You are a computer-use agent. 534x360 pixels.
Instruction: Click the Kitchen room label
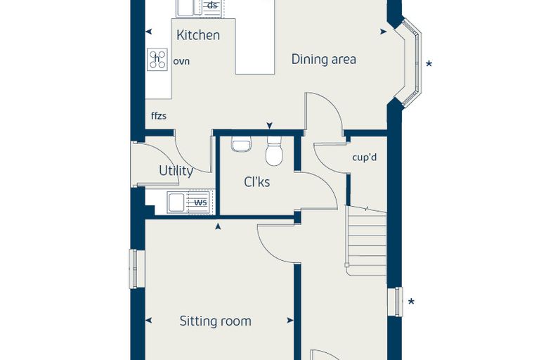coord(198,35)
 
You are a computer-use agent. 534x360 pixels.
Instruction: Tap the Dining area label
coord(324,59)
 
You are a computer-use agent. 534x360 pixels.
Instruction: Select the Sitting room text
coord(216,321)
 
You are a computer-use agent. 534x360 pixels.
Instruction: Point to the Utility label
coord(176,170)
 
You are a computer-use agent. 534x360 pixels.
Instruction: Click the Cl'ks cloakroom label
coord(257,182)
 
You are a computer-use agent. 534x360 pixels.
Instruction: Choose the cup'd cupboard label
coord(365,157)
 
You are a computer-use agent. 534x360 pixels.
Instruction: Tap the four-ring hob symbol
coord(157,60)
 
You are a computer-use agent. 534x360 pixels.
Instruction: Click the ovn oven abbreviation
coord(181,62)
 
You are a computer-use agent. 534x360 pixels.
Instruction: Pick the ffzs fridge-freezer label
coord(159,116)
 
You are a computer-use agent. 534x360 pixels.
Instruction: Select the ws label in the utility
coord(200,202)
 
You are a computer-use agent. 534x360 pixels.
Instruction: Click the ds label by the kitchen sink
coord(212,6)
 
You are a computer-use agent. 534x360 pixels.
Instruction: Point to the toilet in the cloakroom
coord(274,151)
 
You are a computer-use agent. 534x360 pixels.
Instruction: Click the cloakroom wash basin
coord(241,144)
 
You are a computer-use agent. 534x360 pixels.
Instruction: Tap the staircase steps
coord(366,240)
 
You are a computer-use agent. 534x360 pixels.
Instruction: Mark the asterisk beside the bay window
coord(429,64)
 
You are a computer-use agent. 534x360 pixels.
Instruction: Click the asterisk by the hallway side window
coord(412,302)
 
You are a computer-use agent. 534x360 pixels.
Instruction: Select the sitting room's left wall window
coord(133,269)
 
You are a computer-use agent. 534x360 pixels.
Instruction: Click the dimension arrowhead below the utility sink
coord(218,226)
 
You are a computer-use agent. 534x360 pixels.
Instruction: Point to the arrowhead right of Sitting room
coord(290,321)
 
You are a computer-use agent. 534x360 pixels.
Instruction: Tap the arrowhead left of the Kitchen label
coord(148,32)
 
